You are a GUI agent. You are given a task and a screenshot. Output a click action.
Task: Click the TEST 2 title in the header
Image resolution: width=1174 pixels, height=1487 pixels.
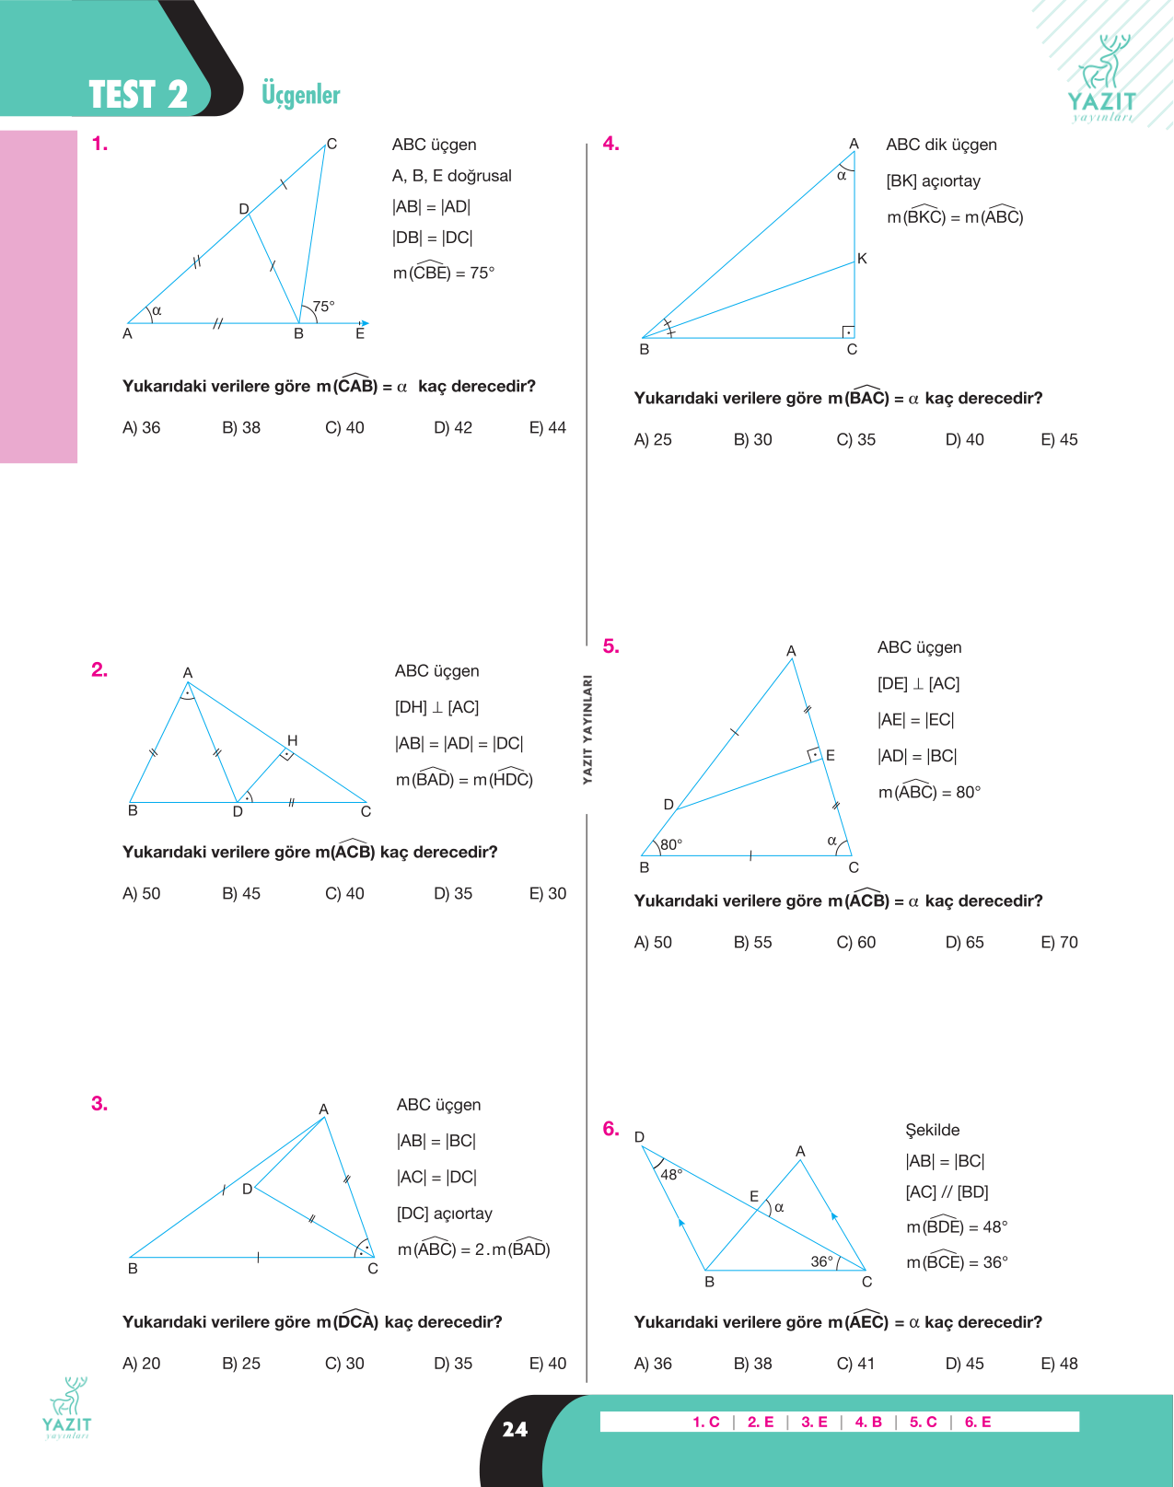point(138,95)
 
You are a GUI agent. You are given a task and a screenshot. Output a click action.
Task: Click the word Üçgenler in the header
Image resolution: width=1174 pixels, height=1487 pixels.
point(300,95)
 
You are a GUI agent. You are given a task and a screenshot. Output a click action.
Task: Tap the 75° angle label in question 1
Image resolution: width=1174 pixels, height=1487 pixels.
point(323,306)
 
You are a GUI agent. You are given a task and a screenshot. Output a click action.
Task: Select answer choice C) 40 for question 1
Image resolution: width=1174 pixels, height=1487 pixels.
point(344,428)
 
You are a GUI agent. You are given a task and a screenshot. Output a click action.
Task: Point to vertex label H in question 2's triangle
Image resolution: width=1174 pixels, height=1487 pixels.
point(292,740)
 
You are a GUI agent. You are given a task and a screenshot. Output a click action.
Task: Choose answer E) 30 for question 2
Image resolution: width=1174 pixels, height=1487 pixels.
point(547,893)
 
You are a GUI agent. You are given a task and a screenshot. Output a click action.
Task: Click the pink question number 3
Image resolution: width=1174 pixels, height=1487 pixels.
point(99,1103)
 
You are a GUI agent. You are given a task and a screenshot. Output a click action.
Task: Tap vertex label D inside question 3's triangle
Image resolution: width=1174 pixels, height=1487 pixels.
point(247,1190)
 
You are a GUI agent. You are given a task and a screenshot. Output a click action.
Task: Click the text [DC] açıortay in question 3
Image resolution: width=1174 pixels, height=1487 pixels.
point(445,1214)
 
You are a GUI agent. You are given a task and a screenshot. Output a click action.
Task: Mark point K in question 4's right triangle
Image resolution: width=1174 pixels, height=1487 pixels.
point(862,259)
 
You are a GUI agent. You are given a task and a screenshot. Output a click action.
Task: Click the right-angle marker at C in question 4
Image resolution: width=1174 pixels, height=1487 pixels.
point(848,332)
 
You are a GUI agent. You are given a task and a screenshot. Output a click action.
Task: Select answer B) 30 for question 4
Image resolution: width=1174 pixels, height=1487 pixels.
point(752,439)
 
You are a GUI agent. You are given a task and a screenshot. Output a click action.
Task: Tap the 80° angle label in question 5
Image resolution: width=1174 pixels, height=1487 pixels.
point(671,844)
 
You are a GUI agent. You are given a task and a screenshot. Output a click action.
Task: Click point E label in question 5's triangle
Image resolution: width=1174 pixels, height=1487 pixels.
point(830,755)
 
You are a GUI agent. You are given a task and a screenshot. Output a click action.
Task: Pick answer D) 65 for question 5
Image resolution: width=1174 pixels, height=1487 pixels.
point(964,942)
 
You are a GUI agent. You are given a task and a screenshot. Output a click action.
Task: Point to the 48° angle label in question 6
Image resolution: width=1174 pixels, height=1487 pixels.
point(671,1174)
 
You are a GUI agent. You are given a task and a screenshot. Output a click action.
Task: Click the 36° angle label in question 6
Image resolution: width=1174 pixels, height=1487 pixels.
point(821,1261)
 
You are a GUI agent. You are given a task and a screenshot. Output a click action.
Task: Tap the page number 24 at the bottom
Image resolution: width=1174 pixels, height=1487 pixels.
point(515,1429)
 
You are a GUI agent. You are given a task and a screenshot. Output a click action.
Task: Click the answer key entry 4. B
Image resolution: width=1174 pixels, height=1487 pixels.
point(868,1422)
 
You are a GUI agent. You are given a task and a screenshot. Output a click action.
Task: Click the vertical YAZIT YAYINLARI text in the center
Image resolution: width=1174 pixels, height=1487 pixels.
point(587,729)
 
